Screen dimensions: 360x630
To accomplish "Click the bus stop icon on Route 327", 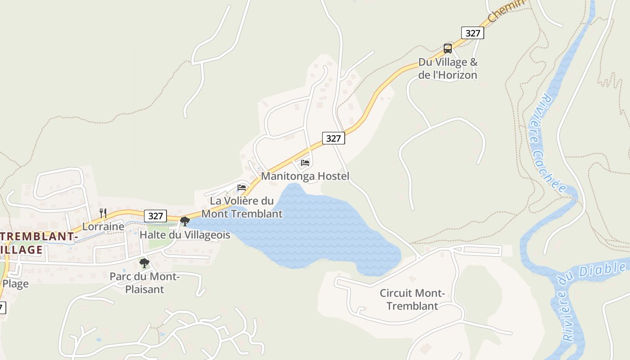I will [x=447, y=48].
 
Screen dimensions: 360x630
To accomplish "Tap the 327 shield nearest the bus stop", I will [x=472, y=33].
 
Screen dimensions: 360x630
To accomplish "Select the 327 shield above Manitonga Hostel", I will [x=333, y=138].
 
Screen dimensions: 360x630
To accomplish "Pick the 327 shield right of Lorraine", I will [x=155, y=216].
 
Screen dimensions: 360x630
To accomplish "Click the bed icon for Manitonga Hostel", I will [x=305, y=162].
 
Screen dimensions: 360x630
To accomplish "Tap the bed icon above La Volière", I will [x=242, y=187].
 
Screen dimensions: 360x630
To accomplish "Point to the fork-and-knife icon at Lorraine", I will [x=103, y=213].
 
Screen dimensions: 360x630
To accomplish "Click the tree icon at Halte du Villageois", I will [x=184, y=221].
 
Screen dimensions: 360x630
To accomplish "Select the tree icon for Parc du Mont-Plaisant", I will [x=144, y=263].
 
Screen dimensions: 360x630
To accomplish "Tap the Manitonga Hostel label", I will [x=305, y=176].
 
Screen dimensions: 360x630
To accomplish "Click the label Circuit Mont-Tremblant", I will [x=412, y=300].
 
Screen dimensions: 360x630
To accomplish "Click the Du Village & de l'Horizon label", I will [x=448, y=69].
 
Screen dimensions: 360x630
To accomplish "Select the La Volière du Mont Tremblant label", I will [x=242, y=207].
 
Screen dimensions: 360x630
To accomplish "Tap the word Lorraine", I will [x=103, y=227].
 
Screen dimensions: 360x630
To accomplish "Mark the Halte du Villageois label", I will [x=185, y=235].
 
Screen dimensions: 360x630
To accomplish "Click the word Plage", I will [x=16, y=283].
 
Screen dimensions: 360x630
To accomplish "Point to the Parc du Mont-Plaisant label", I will [x=144, y=283].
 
